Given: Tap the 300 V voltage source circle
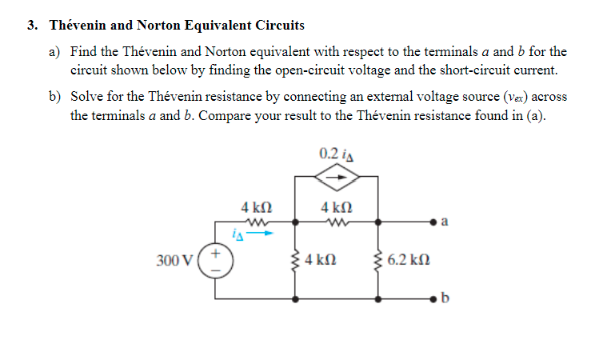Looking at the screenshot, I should pyautogui.click(x=216, y=261).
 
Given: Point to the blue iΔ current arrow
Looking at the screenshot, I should pyautogui.click(x=265, y=234).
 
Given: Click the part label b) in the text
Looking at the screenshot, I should pyautogui.click(x=54, y=97).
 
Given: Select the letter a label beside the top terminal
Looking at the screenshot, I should pyautogui.click(x=445, y=221).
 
